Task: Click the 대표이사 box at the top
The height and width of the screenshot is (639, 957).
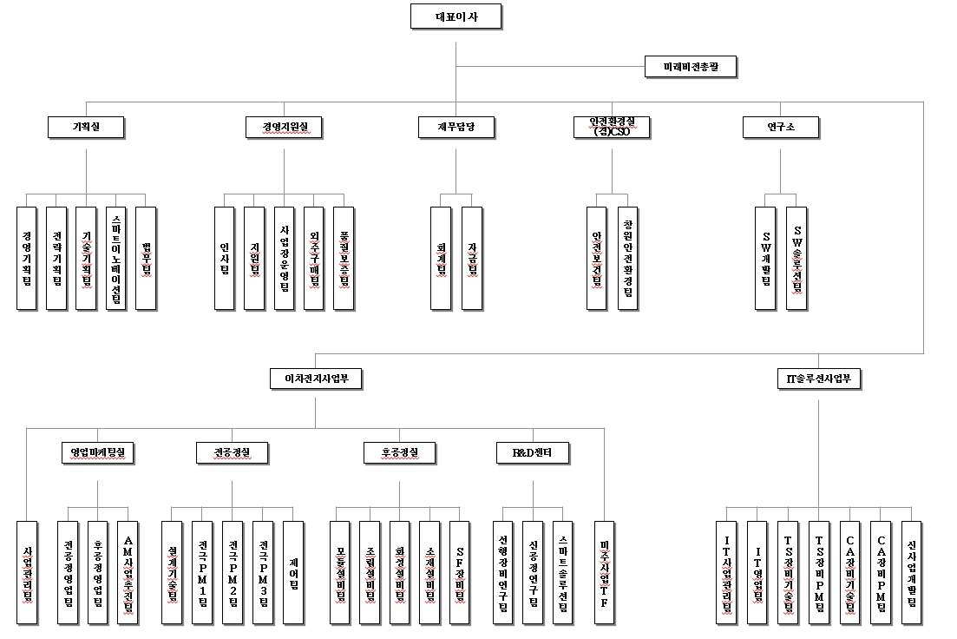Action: pyautogui.click(x=456, y=16)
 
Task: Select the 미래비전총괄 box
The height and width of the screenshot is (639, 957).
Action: pyautogui.click(x=691, y=67)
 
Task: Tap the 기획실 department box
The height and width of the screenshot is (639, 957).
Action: pyautogui.click(x=86, y=127)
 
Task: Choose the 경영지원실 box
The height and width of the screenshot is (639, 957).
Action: pyautogui.click(x=285, y=127)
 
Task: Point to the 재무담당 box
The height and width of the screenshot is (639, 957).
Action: pyautogui.click(x=456, y=127)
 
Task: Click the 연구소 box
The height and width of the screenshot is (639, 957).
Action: pyautogui.click(x=781, y=127)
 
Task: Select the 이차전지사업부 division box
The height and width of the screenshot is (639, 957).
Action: pyautogui.click(x=316, y=378)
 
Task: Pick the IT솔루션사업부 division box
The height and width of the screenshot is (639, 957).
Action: pyautogui.click(x=818, y=378)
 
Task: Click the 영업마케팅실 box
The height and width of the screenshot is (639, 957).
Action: pyautogui.click(x=98, y=452)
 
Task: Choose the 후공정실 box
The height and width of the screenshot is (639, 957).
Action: pyautogui.click(x=400, y=452)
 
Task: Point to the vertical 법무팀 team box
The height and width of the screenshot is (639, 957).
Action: pyautogui.click(x=146, y=258)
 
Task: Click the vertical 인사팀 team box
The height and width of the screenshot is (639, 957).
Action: pyautogui.click(x=225, y=258)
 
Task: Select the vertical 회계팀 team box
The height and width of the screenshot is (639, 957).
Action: pyautogui.click(x=442, y=258)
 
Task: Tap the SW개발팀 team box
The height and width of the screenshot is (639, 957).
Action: pyautogui.click(x=765, y=258)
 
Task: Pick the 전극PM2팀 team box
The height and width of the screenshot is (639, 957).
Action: pyautogui.click(x=233, y=572)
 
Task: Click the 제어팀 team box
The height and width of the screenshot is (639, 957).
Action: pyautogui.click(x=293, y=572)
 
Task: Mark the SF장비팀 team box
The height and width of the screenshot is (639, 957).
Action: pyautogui.click(x=460, y=572)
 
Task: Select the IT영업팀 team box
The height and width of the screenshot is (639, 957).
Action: pyautogui.click(x=757, y=572)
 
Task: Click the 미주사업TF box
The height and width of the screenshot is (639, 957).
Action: pyautogui.click(x=604, y=572)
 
